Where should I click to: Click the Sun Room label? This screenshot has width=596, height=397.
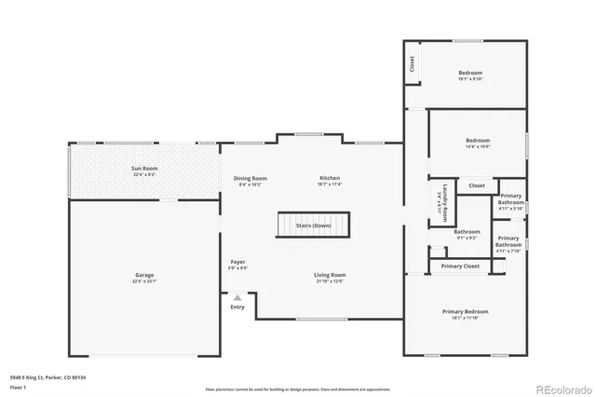pos(143,168)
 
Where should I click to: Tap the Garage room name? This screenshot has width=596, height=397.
pos(143,275)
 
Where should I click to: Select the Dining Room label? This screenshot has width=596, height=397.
pos(250,178)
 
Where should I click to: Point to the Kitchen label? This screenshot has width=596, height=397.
pos(330,177)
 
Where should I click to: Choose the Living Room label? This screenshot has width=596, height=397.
pos(329,275)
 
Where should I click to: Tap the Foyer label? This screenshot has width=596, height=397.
pos(237,262)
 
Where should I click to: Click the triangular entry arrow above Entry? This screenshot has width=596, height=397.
pos(237,297)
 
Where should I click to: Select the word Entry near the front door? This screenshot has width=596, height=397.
pos(237,307)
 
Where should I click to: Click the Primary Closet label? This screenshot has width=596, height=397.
pos(459,267)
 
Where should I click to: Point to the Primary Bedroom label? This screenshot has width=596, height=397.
pos(465,311)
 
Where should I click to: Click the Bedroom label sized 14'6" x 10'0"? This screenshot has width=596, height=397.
pos(476,142)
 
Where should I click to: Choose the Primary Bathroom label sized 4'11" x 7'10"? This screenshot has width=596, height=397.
pos(508,241)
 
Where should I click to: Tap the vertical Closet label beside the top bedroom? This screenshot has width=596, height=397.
pos(413,63)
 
